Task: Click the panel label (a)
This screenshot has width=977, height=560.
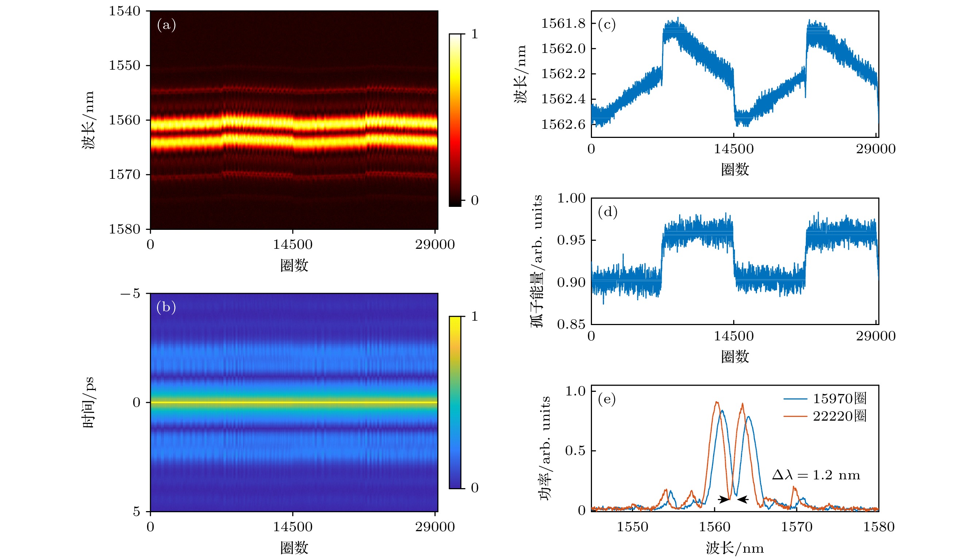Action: pyautogui.click(x=166, y=25)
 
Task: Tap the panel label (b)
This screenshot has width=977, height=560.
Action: pyautogui.click(x=166, y=307)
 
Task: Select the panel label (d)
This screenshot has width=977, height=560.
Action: pyautogui.click(x=607, y=212)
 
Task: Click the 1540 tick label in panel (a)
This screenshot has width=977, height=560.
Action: pyautogui.click(x=124, y=11)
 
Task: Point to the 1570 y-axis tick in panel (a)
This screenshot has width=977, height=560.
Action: pyautogui.click(x=124, y=175)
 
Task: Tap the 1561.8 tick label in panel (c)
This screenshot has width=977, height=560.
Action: pyautogui.click(x=563, y=23)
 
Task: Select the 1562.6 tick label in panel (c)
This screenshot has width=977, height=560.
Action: pyautogui.click(x=563, y=124)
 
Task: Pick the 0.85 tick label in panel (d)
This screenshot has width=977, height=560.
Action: pyautogui.click(x=571, y=324)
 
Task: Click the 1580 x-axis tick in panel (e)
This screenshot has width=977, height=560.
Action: pyautogui.click(x=878, y=526)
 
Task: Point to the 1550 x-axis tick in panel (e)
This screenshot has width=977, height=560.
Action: pyautogui.click(x=632, y=526)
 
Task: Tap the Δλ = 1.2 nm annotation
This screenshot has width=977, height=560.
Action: pyautogui.click(x=816, y=475)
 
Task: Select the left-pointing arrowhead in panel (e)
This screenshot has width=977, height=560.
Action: pyautogui.click(x=743, y=499)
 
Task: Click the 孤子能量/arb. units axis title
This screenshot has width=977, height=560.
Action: pyautogui.click(x=537, y=261)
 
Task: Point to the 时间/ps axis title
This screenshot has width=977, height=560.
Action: pyautogui.click(x=88, y=402)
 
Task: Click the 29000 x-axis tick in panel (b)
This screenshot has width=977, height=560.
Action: pyautogui.click(x=435, y=526)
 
